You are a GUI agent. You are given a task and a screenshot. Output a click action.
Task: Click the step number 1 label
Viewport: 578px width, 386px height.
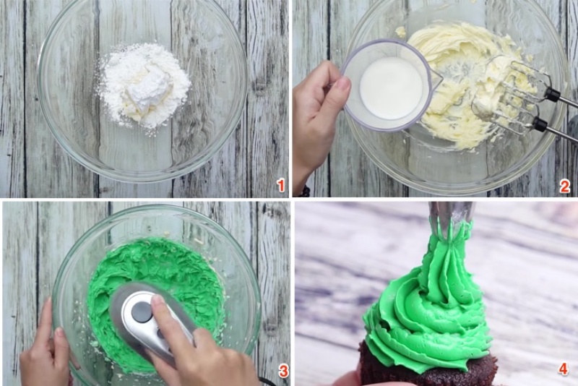tap(281, 185)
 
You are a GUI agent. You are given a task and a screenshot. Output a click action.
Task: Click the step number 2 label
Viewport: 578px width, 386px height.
tap(564, 186)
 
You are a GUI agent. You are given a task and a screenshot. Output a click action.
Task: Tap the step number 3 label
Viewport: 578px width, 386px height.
tap(283, 372)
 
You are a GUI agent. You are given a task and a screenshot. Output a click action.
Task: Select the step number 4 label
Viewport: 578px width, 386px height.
tap(564, 369)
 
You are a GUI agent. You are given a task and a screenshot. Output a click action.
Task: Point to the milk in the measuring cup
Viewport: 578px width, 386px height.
tap(391, 88)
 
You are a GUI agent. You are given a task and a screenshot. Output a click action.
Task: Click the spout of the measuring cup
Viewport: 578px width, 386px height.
tap(435, 76)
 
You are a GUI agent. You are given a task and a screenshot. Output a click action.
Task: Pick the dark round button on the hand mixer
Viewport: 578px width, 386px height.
tap(142, 312)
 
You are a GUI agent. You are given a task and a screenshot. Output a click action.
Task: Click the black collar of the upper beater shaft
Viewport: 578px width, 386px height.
tap(552, 95)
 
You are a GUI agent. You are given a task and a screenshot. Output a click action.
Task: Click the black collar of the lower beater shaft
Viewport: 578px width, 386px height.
tap(539, 124)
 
